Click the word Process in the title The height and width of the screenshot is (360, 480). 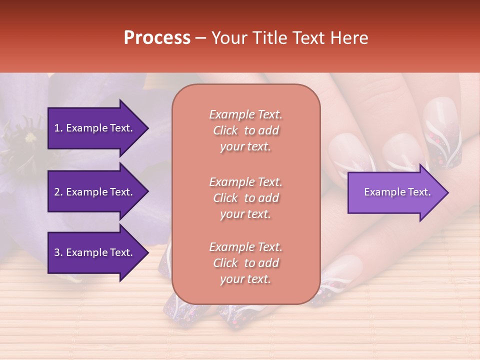[157, 38]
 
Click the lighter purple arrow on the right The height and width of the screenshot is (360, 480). [395, 192]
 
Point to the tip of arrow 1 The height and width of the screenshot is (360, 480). [147, 128]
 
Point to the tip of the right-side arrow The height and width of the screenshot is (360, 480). [448, 192]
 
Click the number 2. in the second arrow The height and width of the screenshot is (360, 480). [58, 192]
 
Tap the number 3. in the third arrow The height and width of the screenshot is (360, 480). [58, 252]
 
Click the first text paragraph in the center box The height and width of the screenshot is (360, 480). [245, 130]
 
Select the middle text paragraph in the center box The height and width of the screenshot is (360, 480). [245, 198]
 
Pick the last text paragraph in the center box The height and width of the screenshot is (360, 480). [245, 263]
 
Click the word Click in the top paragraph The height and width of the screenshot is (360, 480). [225, 130]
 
